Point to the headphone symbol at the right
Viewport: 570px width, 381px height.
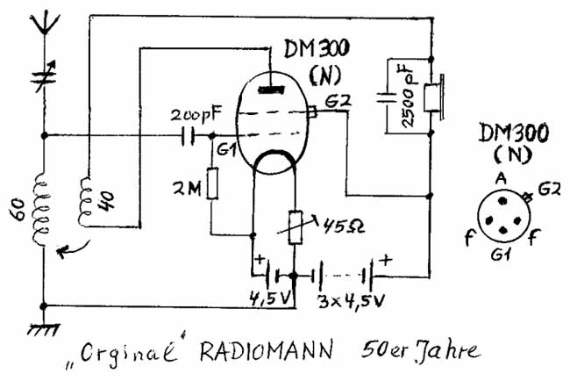pyautogui.click(x=432, y=98)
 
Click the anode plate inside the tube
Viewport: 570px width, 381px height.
pyautogui.click(x=272, y=88)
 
